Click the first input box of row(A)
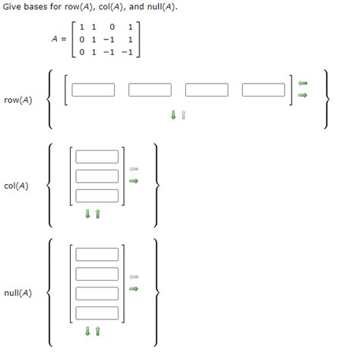tap(93, 90)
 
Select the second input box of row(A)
tap(150, 90)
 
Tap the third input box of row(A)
tap(207, 90)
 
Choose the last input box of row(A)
tap(264, 90)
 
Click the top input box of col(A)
tap(97, 157)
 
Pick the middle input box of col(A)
tap(97, 176)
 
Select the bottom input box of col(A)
tap(97, 195)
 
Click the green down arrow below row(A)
tap(173, 116)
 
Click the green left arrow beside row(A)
tap(302, 84)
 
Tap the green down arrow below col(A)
tap(87, 214)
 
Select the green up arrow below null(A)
tap(97, 331)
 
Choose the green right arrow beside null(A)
tap(134, 288)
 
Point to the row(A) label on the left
tap(18, 100)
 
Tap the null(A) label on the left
tap(18, 292)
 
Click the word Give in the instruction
tap(14, 7)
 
